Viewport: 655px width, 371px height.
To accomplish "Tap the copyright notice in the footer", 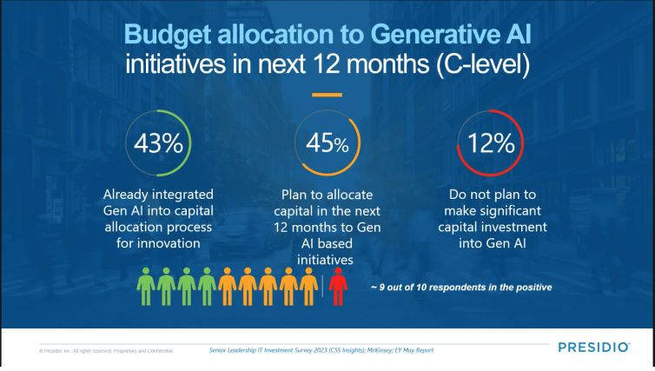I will coord(105,351).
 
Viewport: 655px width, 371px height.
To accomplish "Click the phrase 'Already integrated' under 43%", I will coord(159,193).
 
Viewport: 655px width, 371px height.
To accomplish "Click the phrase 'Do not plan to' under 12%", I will coord(493,193).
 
